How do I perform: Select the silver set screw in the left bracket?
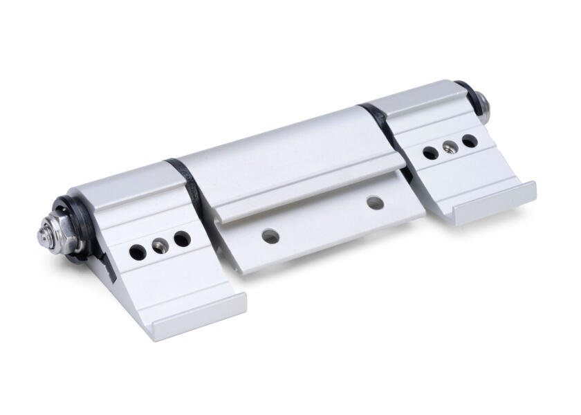[160, 246]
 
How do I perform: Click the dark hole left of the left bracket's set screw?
[138, 252]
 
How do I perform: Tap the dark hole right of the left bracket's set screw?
[182, 239]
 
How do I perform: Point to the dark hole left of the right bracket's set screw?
[430, 153]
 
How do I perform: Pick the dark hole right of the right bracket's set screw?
[470, 140]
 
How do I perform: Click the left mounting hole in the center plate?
[270, 237]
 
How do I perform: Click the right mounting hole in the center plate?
[375, 203]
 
